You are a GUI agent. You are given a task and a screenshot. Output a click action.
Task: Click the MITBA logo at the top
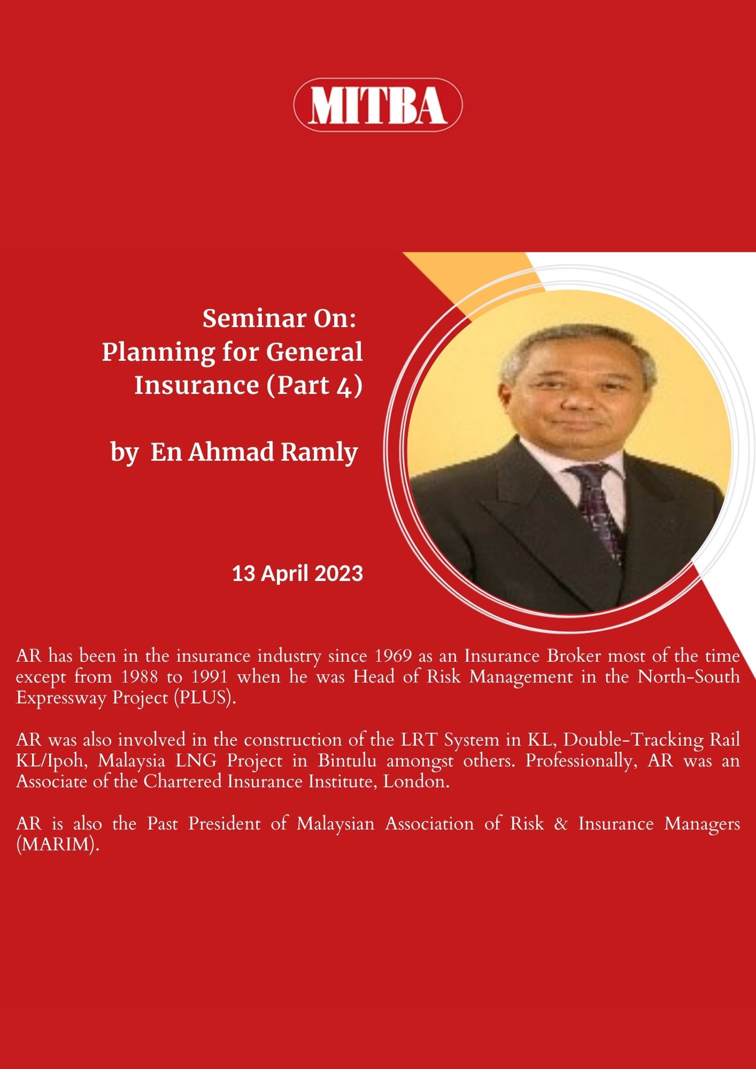pos(378,105)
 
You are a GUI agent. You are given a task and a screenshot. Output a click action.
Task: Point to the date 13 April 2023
pos(297,574)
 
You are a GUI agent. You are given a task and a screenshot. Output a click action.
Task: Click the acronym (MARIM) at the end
pos(58,845)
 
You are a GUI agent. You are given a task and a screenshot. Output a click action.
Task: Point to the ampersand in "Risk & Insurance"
pos(561,824)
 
